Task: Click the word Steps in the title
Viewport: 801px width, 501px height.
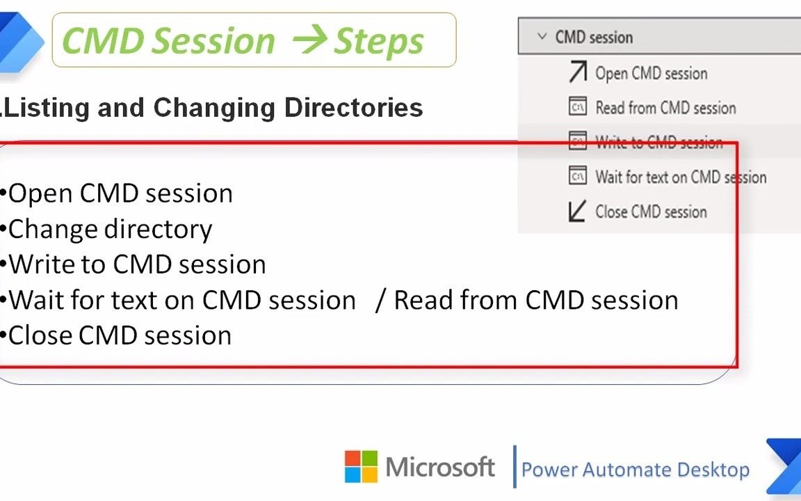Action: pyautogui.click(x=379, y=41)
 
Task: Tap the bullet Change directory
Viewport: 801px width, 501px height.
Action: pyautogui.click(x=110, y=229)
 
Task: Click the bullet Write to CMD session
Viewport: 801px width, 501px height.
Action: pyautogui.click(x=137, y=264)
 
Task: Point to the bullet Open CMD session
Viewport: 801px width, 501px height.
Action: pyautogui.click(x=120, y=193)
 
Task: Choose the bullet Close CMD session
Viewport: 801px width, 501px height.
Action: pyautogui.click(x=120, y=335)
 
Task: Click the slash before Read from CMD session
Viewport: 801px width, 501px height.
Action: pyautogui.click(x=380, y=300)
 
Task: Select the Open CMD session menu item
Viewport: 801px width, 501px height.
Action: pyautogui.click(x=651, y=73)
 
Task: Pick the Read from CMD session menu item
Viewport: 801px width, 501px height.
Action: pyautogui.click(x=665, y=108)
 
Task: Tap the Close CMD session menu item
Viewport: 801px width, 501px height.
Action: pyautogui.click(x=650, y=212)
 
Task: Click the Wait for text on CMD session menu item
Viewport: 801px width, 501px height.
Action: pyautogui.click(x=680, y=177)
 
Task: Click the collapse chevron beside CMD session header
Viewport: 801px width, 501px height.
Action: pyautogui.click(x=542, y=37)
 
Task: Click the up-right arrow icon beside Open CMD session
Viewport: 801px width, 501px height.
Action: pyautogui.click(x=577, y=72)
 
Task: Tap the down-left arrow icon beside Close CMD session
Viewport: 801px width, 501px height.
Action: pyautogui.click(x=577, y=212)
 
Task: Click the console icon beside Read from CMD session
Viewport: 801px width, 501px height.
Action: pyautogui.click(x=577, y=107)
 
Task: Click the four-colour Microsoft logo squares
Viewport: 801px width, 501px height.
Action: pyautogui.click(x=361, y=466)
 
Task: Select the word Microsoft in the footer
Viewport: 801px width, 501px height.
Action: pyautogui.click(x=440, y=467)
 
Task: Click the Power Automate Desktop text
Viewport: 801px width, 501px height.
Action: pyautogui.click(x=635, y=470)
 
